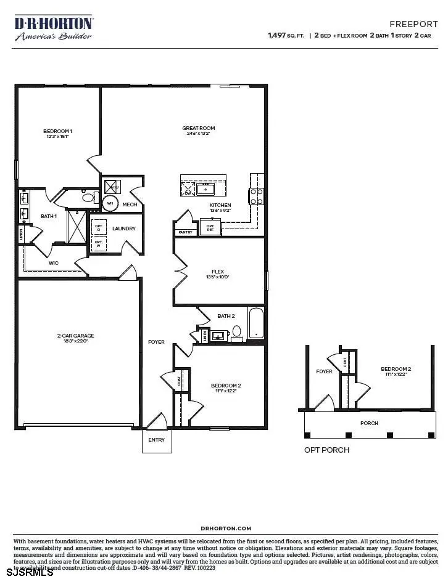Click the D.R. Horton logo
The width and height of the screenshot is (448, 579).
pyautogui.click(x=54, y=28)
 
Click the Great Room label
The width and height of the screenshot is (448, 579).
pyautogui.click(x=198, y=129)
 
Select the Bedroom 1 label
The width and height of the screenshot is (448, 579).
pyautogui.click(x=58, y=131)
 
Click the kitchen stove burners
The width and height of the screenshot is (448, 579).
pyautogui.click(x=257, y=196)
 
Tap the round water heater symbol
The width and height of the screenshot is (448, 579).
pyautogui.click(x=110, y=203)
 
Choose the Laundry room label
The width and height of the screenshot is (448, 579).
pyautogui.click(x=123, y=229)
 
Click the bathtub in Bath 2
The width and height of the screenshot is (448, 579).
pyautogui.click(x=255, y=323)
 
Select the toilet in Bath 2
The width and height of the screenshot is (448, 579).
pyautogui.click(x=236, y=333)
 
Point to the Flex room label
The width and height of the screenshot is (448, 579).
pyautogui.click(x=218, y=271)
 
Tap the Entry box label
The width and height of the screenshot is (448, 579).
pyautogui.click(x=157, y=440)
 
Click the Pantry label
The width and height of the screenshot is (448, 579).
pyautogui.click(x=185, y=232)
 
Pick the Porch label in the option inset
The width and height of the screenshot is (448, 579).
pyautogui.click(x=370, y=423)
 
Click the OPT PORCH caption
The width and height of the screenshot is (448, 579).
pyautogui.click(x=326, y=450)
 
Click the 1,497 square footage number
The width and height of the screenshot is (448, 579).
pyautogui.click(x=276, y=36)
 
